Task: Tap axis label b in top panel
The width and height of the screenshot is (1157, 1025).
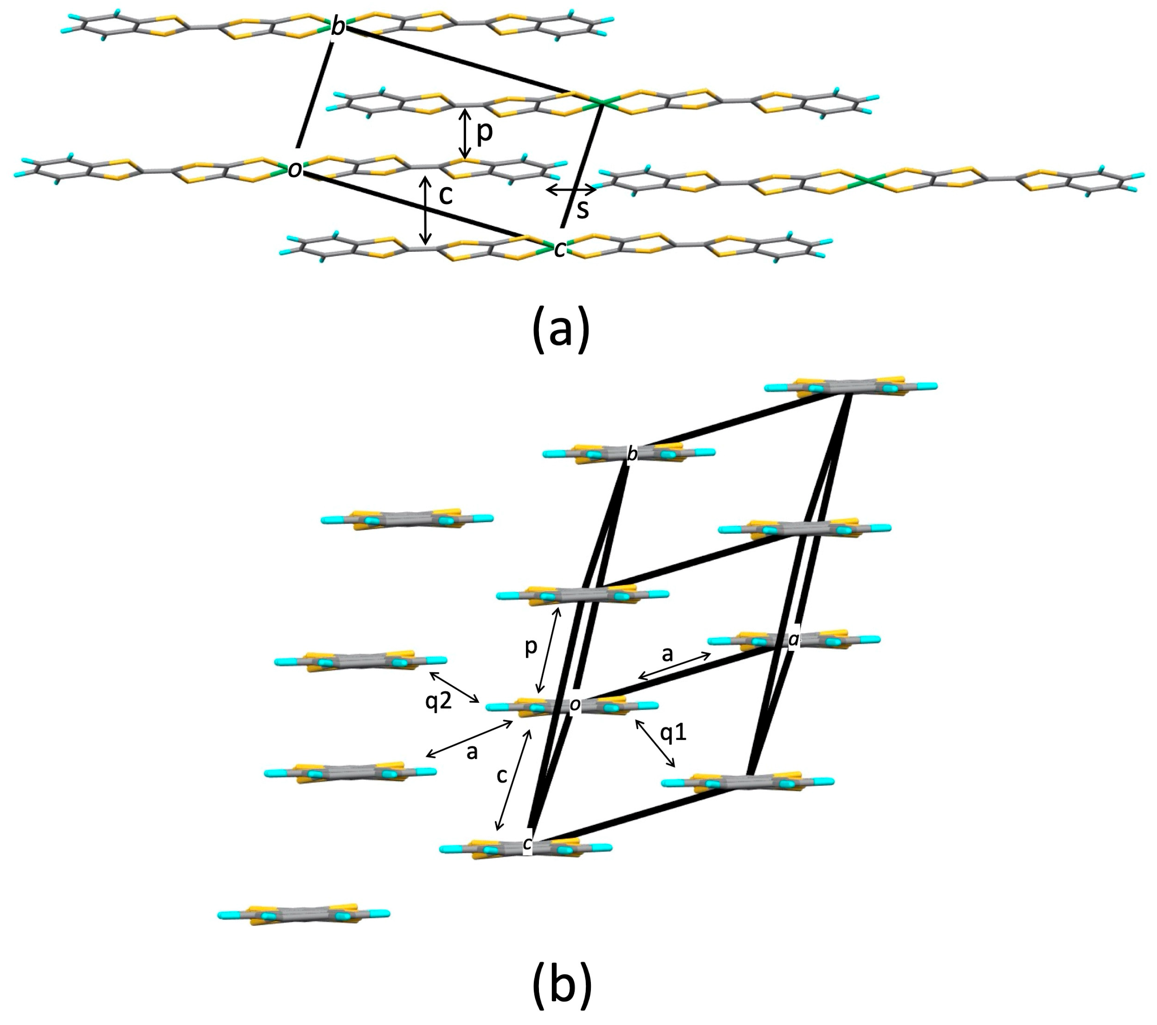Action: [x=338, y=27]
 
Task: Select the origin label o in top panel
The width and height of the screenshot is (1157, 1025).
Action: [x=294, y=169]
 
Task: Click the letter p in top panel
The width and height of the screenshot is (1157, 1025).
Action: [x=484, y=132]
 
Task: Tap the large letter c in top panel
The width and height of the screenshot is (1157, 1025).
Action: [x=446, y=195]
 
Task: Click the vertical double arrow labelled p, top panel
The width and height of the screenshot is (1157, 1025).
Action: [x=465, y=134]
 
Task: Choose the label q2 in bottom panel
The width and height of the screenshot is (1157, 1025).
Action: [x=439, y=702]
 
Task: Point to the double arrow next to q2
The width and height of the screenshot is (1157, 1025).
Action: [x=454, y=687]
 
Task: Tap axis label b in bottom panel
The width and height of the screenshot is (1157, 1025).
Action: [x=632, y=454]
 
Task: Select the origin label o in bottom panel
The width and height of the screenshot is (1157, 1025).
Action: [x=575, y=705]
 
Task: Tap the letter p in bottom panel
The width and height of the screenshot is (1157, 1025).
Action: [x=531, y=647]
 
